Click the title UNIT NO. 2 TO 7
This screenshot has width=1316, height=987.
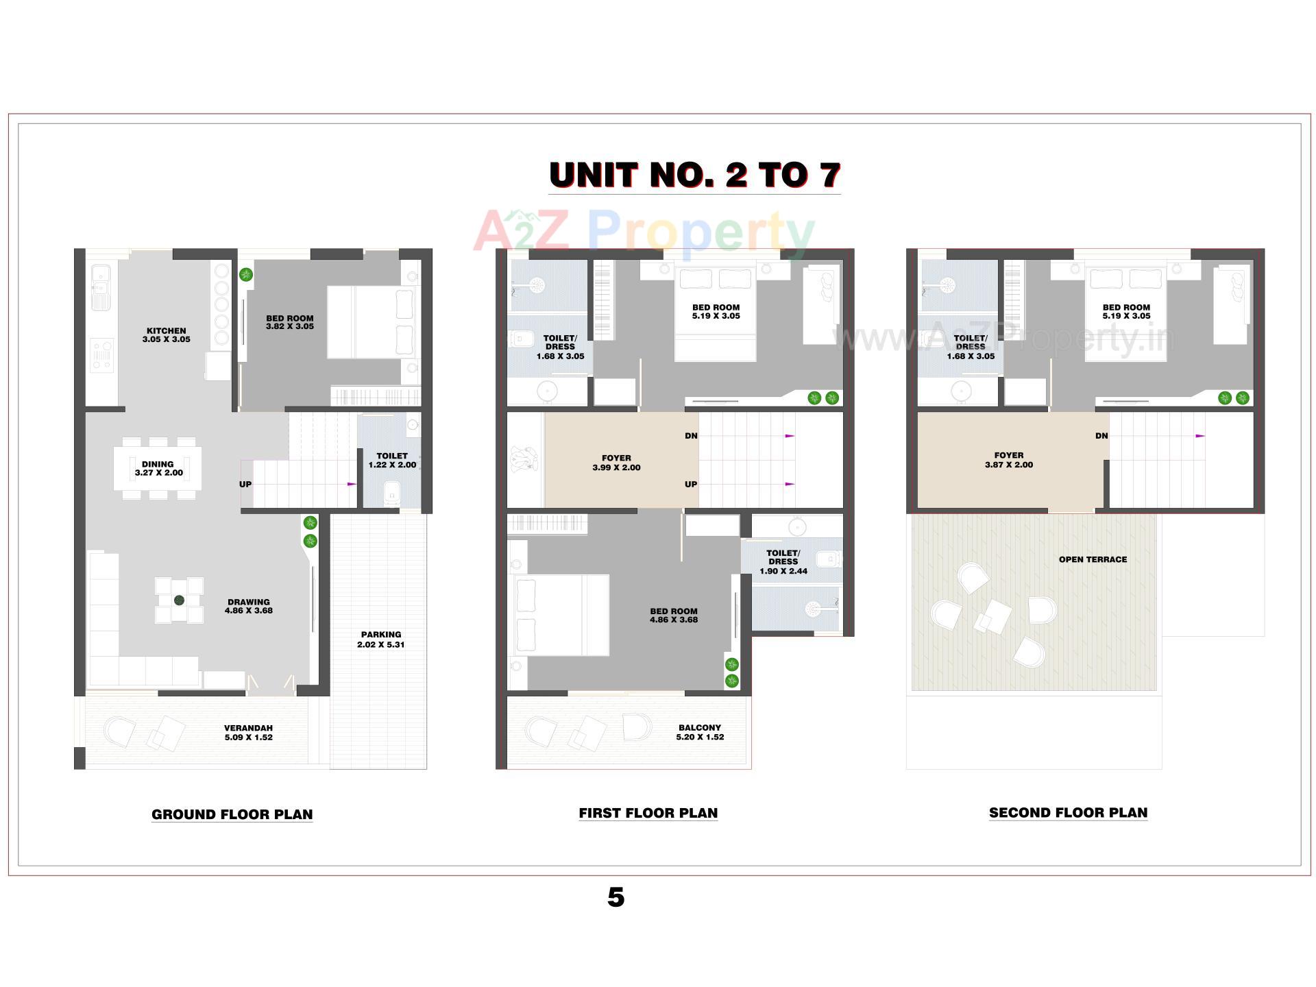point(694,175)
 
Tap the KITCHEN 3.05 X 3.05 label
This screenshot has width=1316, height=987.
point(167,335)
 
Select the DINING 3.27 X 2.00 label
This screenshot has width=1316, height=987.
point(158,468)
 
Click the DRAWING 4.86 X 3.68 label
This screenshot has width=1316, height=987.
point(249,607)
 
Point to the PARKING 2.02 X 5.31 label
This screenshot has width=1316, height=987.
point(381,639)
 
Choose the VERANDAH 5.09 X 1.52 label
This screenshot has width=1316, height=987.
point(248,733)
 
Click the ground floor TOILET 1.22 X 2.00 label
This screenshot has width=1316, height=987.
point(392,460)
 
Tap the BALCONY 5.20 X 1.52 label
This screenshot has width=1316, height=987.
point(700,732)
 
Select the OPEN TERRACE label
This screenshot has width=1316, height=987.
point(1093,559)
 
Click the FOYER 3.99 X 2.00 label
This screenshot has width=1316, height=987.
point(616,463)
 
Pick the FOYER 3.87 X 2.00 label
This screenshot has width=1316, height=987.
point(1008,460)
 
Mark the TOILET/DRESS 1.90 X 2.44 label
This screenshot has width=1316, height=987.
point(783,562)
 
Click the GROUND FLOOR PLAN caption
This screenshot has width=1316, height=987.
point(232,814)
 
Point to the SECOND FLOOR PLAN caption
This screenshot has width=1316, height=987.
point(1068,813)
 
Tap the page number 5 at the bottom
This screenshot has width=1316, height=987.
point(616,897)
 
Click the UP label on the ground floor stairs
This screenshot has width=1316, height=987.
point(245,484)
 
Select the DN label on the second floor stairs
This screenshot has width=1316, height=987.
point(1101,436)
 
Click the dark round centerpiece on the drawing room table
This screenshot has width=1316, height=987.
point(180,600)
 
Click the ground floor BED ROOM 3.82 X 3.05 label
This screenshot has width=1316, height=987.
point(290,322)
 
